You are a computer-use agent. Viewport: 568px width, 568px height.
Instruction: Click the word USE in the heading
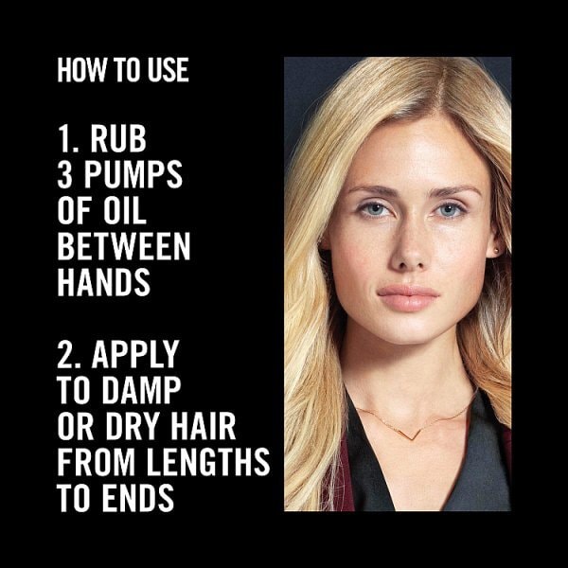tap(169, 69)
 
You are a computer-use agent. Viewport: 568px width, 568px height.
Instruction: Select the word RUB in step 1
tap(118, 139)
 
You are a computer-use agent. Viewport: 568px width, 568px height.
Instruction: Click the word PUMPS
tap(133, 174)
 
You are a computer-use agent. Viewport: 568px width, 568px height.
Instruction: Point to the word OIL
tap(125, 210)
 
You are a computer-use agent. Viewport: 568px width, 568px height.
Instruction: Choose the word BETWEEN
tap(123, 246)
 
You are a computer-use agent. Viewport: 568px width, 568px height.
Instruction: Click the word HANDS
tap(103, 282)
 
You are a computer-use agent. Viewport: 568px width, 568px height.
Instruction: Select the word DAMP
tap(141, 389)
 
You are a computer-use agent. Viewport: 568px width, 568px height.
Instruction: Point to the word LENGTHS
tap(208, 461)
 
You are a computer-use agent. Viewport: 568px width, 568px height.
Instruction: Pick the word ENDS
tap(138, 497)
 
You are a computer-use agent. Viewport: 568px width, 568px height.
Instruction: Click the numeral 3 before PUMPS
tap(64, 174)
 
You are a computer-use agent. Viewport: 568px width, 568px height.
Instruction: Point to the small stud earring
tap(496, 250)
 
